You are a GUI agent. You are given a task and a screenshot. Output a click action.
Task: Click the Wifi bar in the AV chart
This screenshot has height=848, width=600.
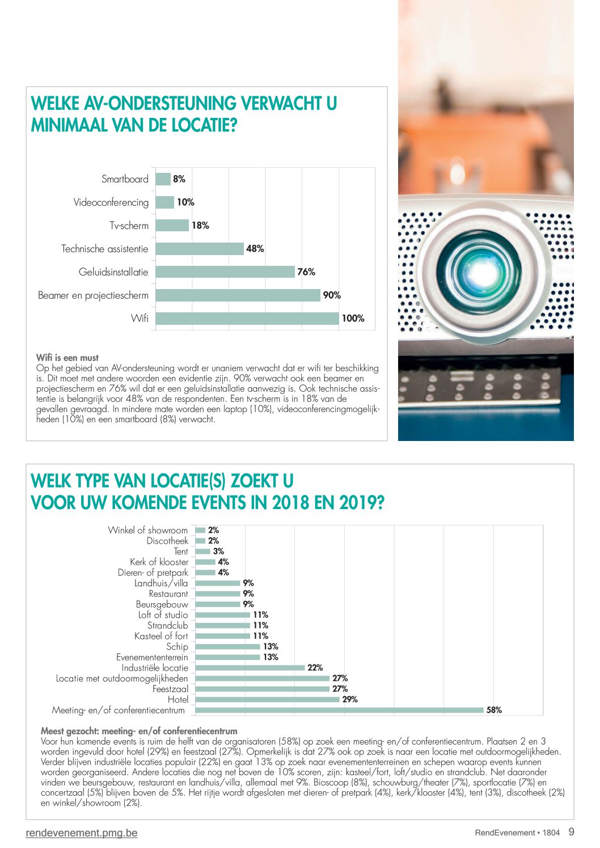click(247, 319)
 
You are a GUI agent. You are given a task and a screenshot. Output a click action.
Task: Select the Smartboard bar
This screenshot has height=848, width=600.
click(163, 179)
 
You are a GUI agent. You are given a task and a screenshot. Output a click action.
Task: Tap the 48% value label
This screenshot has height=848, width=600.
click(255, 249)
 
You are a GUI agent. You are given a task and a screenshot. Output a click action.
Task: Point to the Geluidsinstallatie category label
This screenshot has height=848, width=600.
click(113, 272)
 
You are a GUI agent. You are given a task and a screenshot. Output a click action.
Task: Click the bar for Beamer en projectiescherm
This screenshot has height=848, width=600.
click(238, 295)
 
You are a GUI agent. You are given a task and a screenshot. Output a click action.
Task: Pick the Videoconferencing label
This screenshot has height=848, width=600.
click(111, 202)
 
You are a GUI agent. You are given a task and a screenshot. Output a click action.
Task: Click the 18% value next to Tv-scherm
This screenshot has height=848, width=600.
click(200, 226)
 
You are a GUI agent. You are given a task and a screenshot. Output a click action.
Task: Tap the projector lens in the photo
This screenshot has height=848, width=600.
click(479, 272)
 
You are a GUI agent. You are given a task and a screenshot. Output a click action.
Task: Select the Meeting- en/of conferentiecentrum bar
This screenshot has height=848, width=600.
click(340, 710)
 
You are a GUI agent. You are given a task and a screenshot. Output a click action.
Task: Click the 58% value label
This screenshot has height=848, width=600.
click(494, 710)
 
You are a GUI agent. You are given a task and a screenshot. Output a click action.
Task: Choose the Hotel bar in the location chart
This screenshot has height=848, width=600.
click(268, 699)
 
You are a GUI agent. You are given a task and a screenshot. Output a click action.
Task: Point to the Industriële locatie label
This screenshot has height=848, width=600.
click(155, 668)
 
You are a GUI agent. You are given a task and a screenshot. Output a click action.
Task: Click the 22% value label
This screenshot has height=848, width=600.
click(315, 667)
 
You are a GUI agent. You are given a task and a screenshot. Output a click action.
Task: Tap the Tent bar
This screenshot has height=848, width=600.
click(202, 551)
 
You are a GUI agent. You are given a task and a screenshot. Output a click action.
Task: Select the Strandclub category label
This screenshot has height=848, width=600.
click(167, 625)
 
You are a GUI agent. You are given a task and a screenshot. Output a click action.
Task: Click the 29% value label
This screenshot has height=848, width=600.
click(350, 699)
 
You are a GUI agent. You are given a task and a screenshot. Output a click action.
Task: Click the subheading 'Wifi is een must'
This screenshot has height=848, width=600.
click(67, 357)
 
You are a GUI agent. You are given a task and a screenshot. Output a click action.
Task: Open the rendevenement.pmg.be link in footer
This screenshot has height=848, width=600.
click(82, 833)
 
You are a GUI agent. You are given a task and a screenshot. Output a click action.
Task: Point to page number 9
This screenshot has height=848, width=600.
click(572, 832)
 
